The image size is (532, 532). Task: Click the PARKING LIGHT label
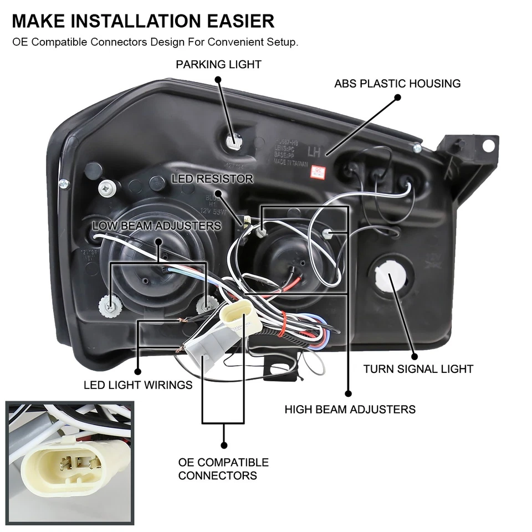[x=218, y=65]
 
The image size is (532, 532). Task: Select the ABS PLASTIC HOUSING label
[x=397, y=84]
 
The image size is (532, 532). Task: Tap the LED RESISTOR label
[x=212, y=179]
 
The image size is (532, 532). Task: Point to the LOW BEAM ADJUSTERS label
[x=157, y=226]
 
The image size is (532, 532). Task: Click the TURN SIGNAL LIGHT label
[x=418, y=369]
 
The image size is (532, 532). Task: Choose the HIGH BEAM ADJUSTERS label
[x=350, y=410]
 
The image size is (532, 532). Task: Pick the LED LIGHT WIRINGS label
[x=138, y=385]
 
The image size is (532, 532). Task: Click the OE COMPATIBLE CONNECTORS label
[x=223, y=469]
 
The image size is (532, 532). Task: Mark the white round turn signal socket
[x=391, y=277]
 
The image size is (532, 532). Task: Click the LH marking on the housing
[x=314, y=151]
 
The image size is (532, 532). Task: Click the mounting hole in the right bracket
[x=488, y=145]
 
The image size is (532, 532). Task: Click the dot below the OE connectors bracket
[x=223, y=444]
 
